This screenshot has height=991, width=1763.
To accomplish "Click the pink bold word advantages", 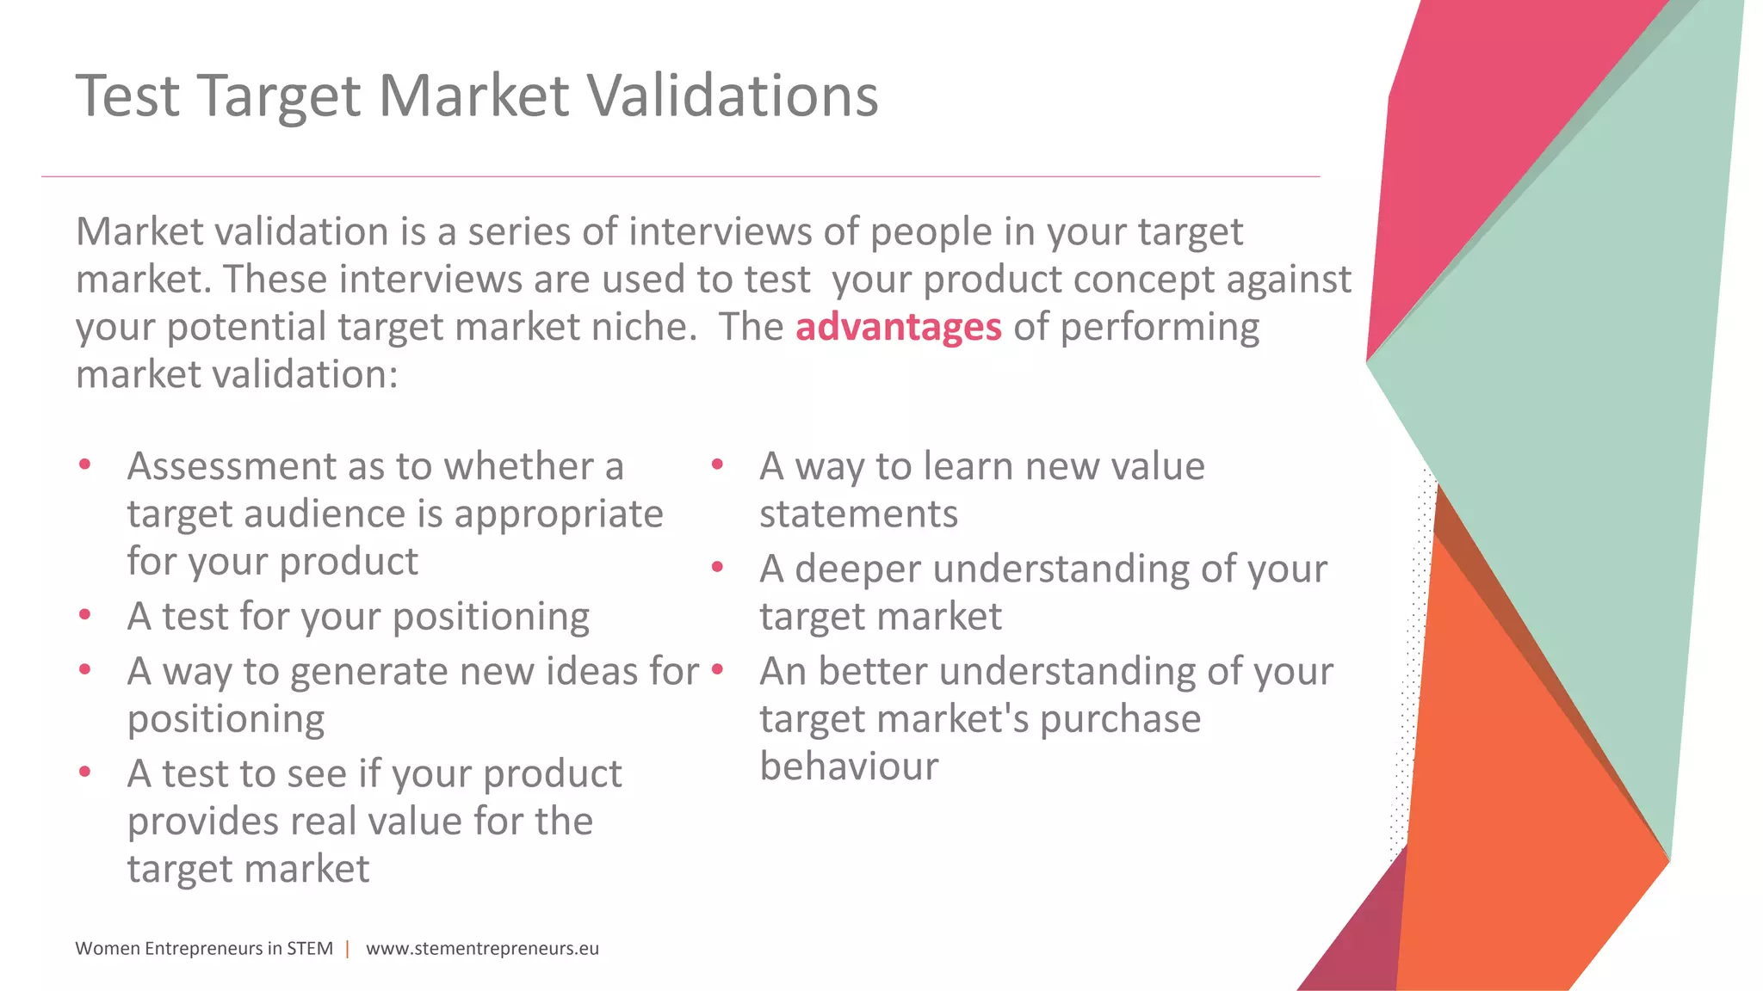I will (898, 327).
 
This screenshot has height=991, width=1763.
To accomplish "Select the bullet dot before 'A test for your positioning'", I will (84, 615).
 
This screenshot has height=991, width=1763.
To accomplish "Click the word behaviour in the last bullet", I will (848, 766).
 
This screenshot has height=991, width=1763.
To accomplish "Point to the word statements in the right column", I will (858, 514).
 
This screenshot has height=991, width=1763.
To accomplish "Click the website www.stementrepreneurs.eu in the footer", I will (482, 948).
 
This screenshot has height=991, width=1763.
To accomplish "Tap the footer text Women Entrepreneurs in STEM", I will (204, 948).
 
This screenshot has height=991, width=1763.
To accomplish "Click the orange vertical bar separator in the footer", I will (348, 948).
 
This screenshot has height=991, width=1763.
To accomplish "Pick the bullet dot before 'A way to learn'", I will (717, 465).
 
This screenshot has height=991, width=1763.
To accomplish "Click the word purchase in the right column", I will (1119, 718).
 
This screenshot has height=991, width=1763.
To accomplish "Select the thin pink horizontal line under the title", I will (680, 176).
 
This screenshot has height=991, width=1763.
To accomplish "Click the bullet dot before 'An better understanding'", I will (717, 669).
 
